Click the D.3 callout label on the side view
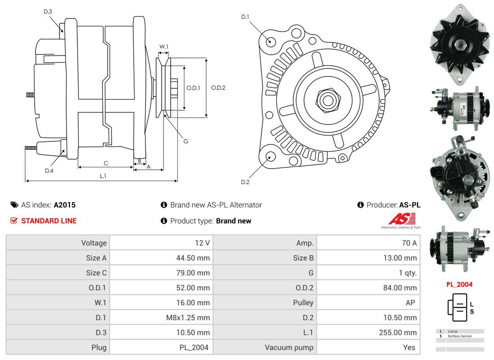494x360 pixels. coord(48,11)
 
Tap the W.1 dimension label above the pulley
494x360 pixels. coord(164,46)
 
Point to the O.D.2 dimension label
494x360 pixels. coord(218,88)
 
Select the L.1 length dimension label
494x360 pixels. coord(103,176)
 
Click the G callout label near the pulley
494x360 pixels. coord(186,141)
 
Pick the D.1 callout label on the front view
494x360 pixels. coord(245,17)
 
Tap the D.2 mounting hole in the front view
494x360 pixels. coord(270,156)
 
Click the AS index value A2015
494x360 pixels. coord(65,205)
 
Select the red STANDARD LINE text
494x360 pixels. coord(49,221)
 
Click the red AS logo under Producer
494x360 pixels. coord(402,219)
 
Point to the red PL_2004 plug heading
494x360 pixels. coord(459,284)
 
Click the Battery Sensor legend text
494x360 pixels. coord(460,336)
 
